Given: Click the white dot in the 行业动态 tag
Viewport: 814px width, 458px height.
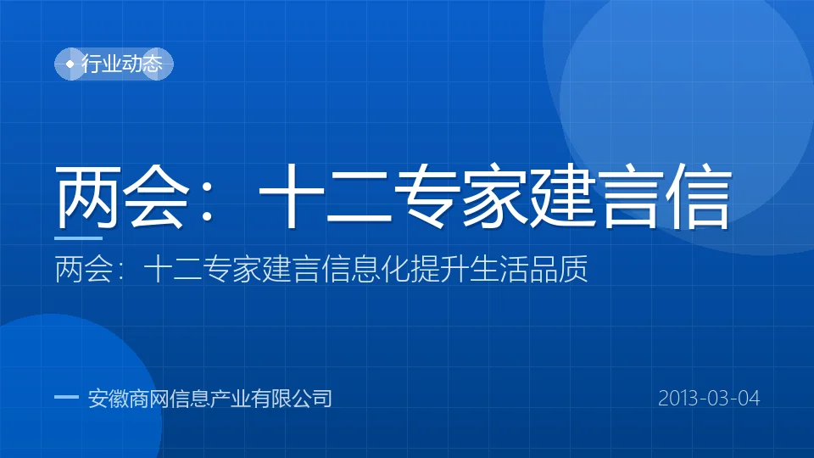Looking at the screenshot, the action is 70,64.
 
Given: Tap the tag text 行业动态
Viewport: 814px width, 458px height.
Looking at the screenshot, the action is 122,64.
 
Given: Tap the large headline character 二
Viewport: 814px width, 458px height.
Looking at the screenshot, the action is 360,198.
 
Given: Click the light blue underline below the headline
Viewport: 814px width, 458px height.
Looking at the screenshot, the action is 78,238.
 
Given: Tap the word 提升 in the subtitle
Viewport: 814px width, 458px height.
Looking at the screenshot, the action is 440,269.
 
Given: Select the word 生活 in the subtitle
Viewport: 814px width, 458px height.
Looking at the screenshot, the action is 499,269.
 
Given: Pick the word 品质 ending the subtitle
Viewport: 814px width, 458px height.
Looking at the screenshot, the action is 558,269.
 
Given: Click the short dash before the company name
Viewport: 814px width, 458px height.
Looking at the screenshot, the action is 66,398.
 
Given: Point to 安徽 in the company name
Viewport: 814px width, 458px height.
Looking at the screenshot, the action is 108,399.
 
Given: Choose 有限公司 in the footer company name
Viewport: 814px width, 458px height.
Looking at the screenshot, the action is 291,399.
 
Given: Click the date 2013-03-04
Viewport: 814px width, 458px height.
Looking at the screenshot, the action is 709,399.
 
